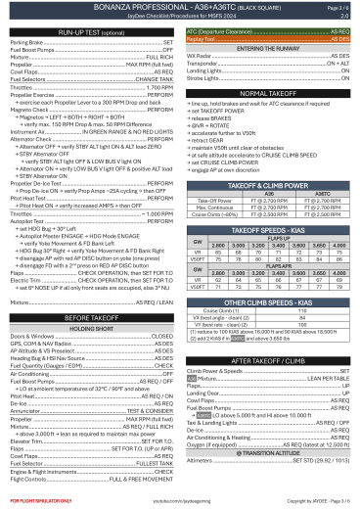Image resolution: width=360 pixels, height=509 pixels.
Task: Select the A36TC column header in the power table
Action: point(316,194)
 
